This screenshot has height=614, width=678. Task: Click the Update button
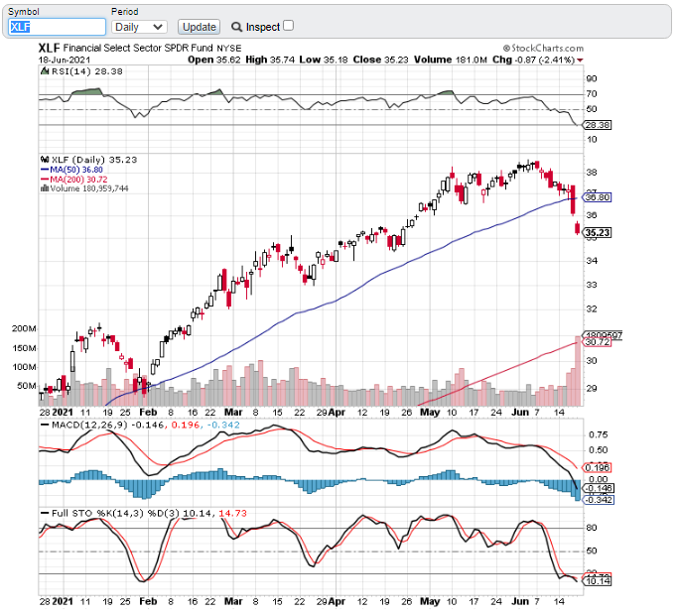tap(200, 27)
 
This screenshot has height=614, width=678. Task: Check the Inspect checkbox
tap(289, 26)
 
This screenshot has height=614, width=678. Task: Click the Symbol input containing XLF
tap(57, 27)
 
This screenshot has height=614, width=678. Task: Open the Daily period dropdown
tap(138, 27)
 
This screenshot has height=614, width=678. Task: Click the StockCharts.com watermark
tap(543, 47)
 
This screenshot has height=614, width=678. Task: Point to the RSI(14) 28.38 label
tap(74, 71)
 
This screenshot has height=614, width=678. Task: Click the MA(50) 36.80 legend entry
tap(72, 169)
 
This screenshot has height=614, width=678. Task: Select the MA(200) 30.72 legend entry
tap(74, 179)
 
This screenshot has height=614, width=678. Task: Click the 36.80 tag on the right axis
tap(597, 198)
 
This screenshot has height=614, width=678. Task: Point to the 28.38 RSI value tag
tap(597, 125)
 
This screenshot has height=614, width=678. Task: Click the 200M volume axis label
tap(24, 328)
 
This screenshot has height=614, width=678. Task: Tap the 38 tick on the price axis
tap(590, 172)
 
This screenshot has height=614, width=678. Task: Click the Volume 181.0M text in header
tap(433, 60)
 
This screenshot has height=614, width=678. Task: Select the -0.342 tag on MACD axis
tap(598, 498)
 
